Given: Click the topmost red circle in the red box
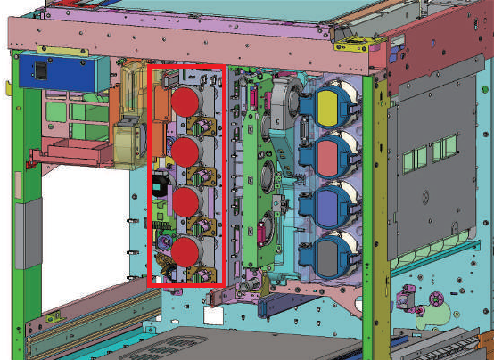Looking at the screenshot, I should coord(185,101).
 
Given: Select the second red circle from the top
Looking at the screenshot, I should coord(185,151).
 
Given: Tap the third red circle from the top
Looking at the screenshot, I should coord(185,202).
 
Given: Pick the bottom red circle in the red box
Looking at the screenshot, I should coord(185,254).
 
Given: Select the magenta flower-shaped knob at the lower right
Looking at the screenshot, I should coord(436,298).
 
